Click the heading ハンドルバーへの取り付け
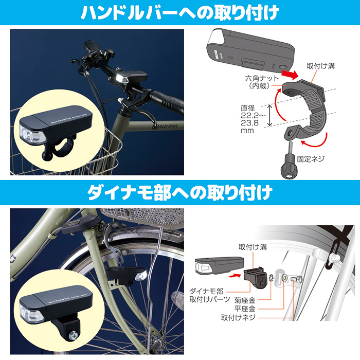pyautogui.click(x=179, y=12)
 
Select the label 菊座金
pyautogui.click(x=244, y=298)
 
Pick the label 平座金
pyautogui.click(x=244, y=308)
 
